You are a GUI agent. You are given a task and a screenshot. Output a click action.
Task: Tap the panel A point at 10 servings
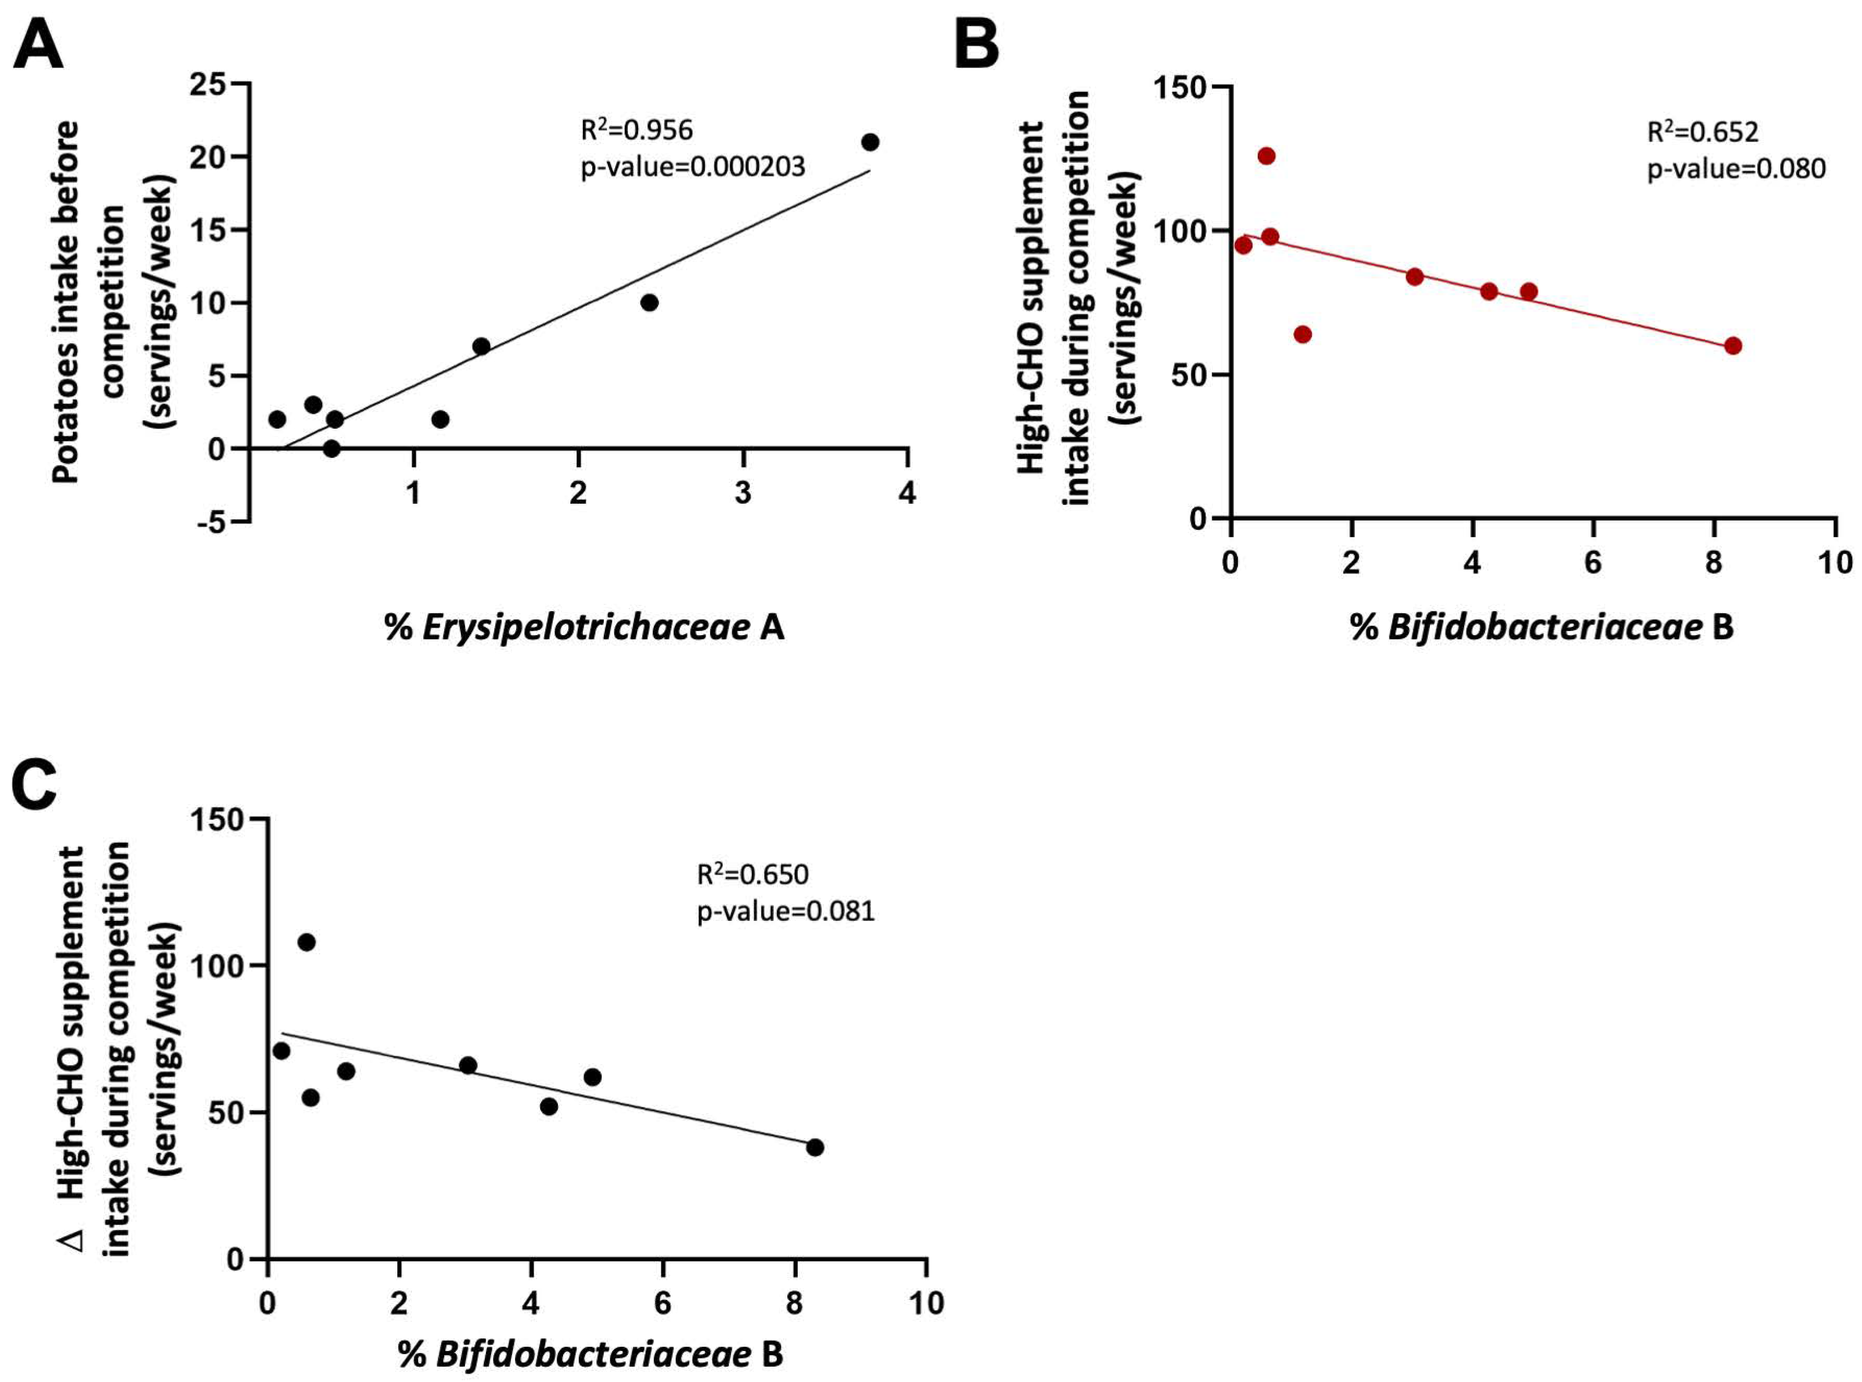coord(649,303)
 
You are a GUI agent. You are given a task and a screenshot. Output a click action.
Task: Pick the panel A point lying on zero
coord(331,449)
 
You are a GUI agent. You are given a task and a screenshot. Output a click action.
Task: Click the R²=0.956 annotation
coord(637,130)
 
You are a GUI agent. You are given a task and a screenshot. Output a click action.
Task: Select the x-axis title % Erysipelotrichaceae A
coord(584,627)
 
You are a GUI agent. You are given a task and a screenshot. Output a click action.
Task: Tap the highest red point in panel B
coord(1266,156)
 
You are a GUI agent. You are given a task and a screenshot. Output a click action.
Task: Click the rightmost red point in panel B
coord(1733,346)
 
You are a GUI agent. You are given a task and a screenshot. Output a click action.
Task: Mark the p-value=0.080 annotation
coord(1737,169)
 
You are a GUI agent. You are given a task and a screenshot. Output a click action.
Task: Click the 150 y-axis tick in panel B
coord(1180,87)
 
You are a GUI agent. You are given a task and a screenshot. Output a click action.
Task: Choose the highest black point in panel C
coord(306,942)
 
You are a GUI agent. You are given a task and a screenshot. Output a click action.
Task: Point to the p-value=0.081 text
coord(786,911)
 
